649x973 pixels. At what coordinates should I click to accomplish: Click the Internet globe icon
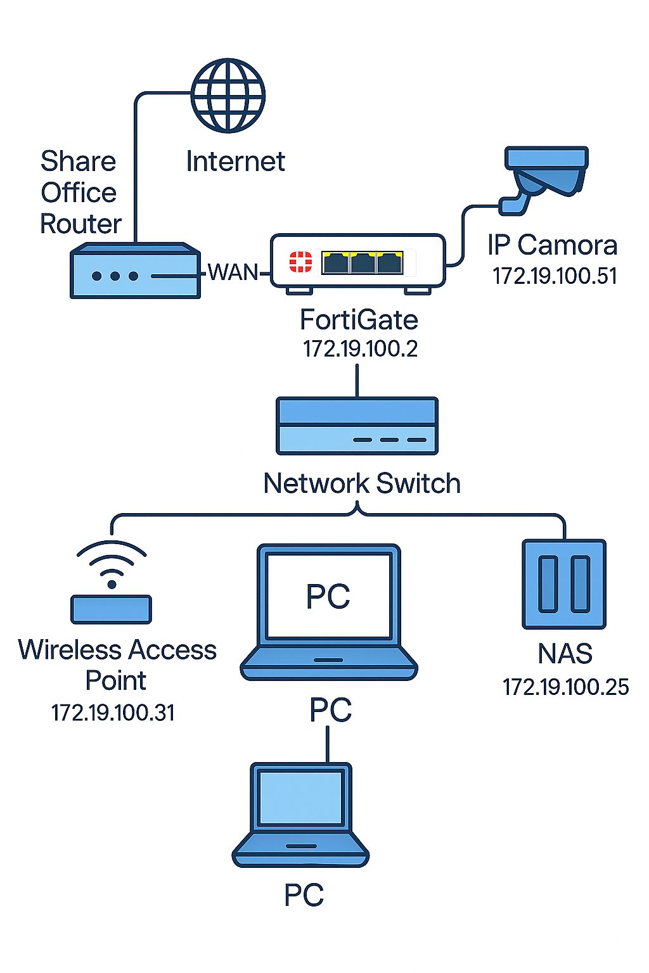pyautogui.click(x=228, y=95)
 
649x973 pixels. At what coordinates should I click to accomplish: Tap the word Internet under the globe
pyautogui.click(x=236, y=162)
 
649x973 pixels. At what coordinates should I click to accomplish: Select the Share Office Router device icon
pyautogui.click(x=135, y=270)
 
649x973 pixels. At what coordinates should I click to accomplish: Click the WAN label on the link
pyautogui.click(x=233, y=272)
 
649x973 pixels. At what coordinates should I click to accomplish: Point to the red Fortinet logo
pyautogui.click(x=301, y=262)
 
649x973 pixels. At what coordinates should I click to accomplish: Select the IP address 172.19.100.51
pyautogui.click(x=555, y=276)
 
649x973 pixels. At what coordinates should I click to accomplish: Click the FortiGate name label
pyautogui.click(x=359, y=320)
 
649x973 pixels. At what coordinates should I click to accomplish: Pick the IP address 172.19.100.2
pyautogui.click(x=360, y=349)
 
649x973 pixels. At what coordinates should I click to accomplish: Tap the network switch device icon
pyautogui.click(x=357, y=426)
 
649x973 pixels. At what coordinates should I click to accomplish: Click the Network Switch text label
pyautogui.click(x=362, y=483)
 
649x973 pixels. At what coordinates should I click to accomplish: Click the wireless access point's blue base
pyautogui.click(x=112, y=609)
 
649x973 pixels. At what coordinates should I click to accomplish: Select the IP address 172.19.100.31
pyautogui.click(x=113, y=713)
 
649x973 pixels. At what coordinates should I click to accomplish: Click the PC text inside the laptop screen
pyautogui.click(x=328, y=596)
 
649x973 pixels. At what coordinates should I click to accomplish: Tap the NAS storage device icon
pyautogui.click(x=564, y=584)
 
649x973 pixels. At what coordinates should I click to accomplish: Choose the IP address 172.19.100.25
pyautogui.click(x=566, y=687)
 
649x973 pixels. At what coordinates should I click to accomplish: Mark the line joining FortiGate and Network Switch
pyautogui.click(x=357, y=381)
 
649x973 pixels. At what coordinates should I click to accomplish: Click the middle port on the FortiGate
pyautogui.click(x=363, y=264)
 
